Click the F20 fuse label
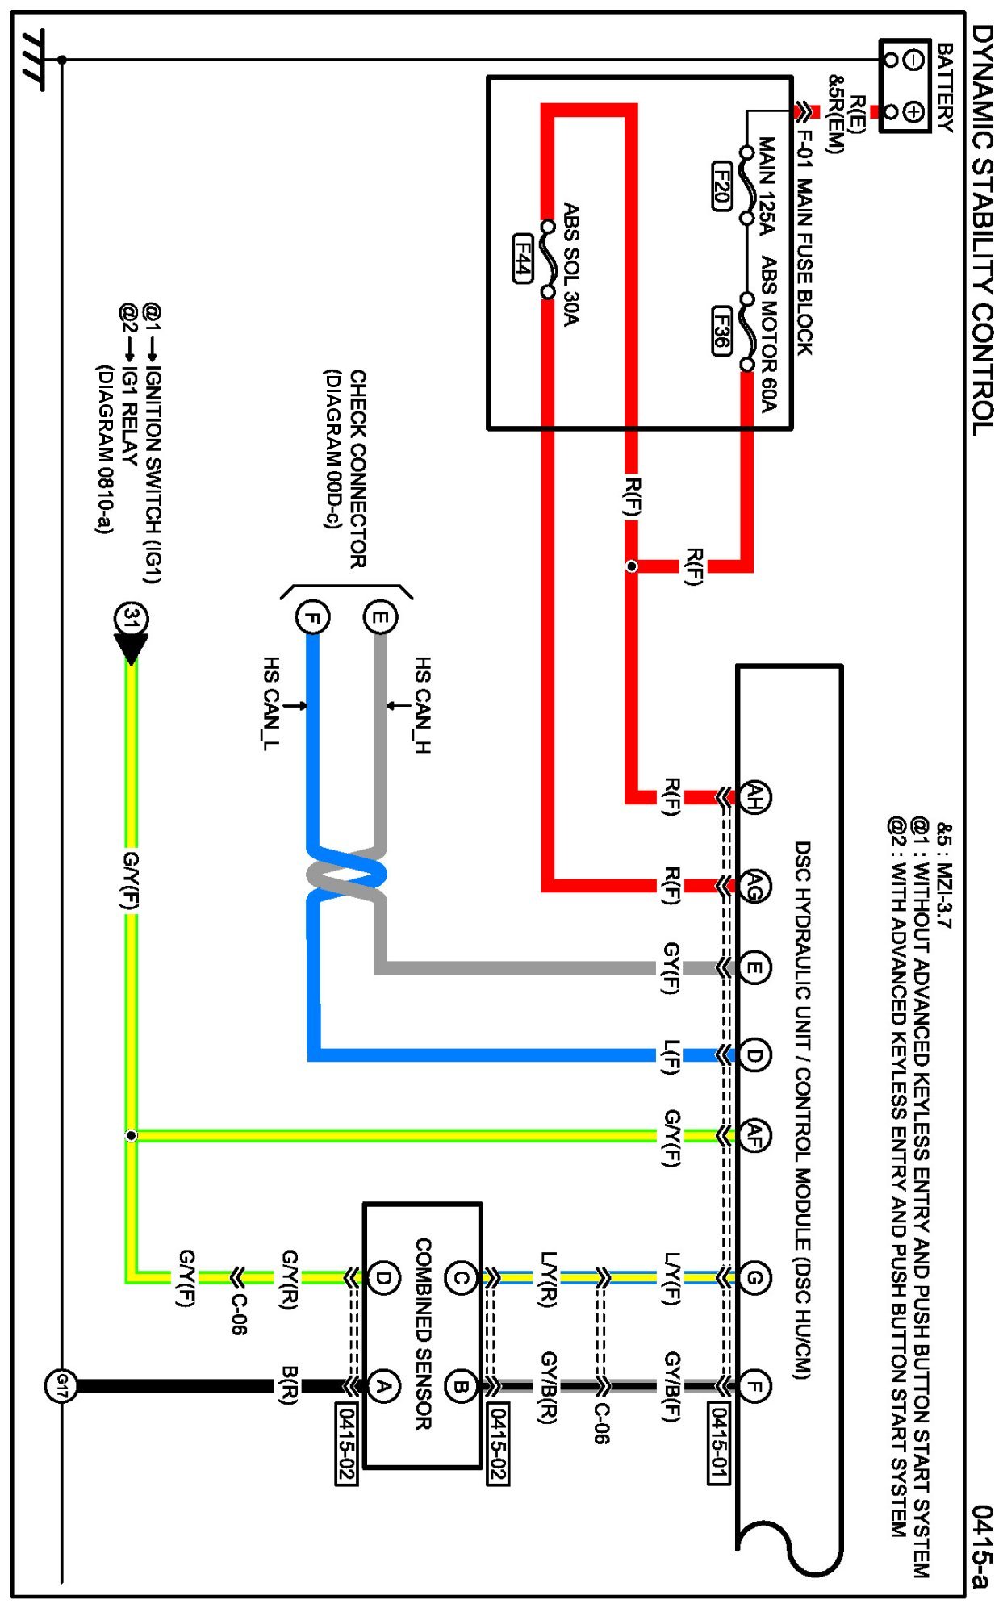click(721, 186)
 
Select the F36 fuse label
click(721, 330)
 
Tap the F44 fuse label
click(524, 258)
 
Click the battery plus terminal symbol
click(913, 111)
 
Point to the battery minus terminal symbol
click(913, 59)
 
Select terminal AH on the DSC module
click(754, 798)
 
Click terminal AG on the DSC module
click(754, 887)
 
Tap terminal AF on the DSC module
click(754, 1135)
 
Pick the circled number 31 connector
click(131, 619)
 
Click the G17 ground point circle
click(61, 1386)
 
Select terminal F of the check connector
click(312, 618)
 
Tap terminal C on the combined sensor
click(460, 1278)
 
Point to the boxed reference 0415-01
click(718, 1443)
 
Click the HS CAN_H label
click(421, 705)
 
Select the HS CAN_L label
click(271, 704)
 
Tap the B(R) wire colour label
click(289, 1385)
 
